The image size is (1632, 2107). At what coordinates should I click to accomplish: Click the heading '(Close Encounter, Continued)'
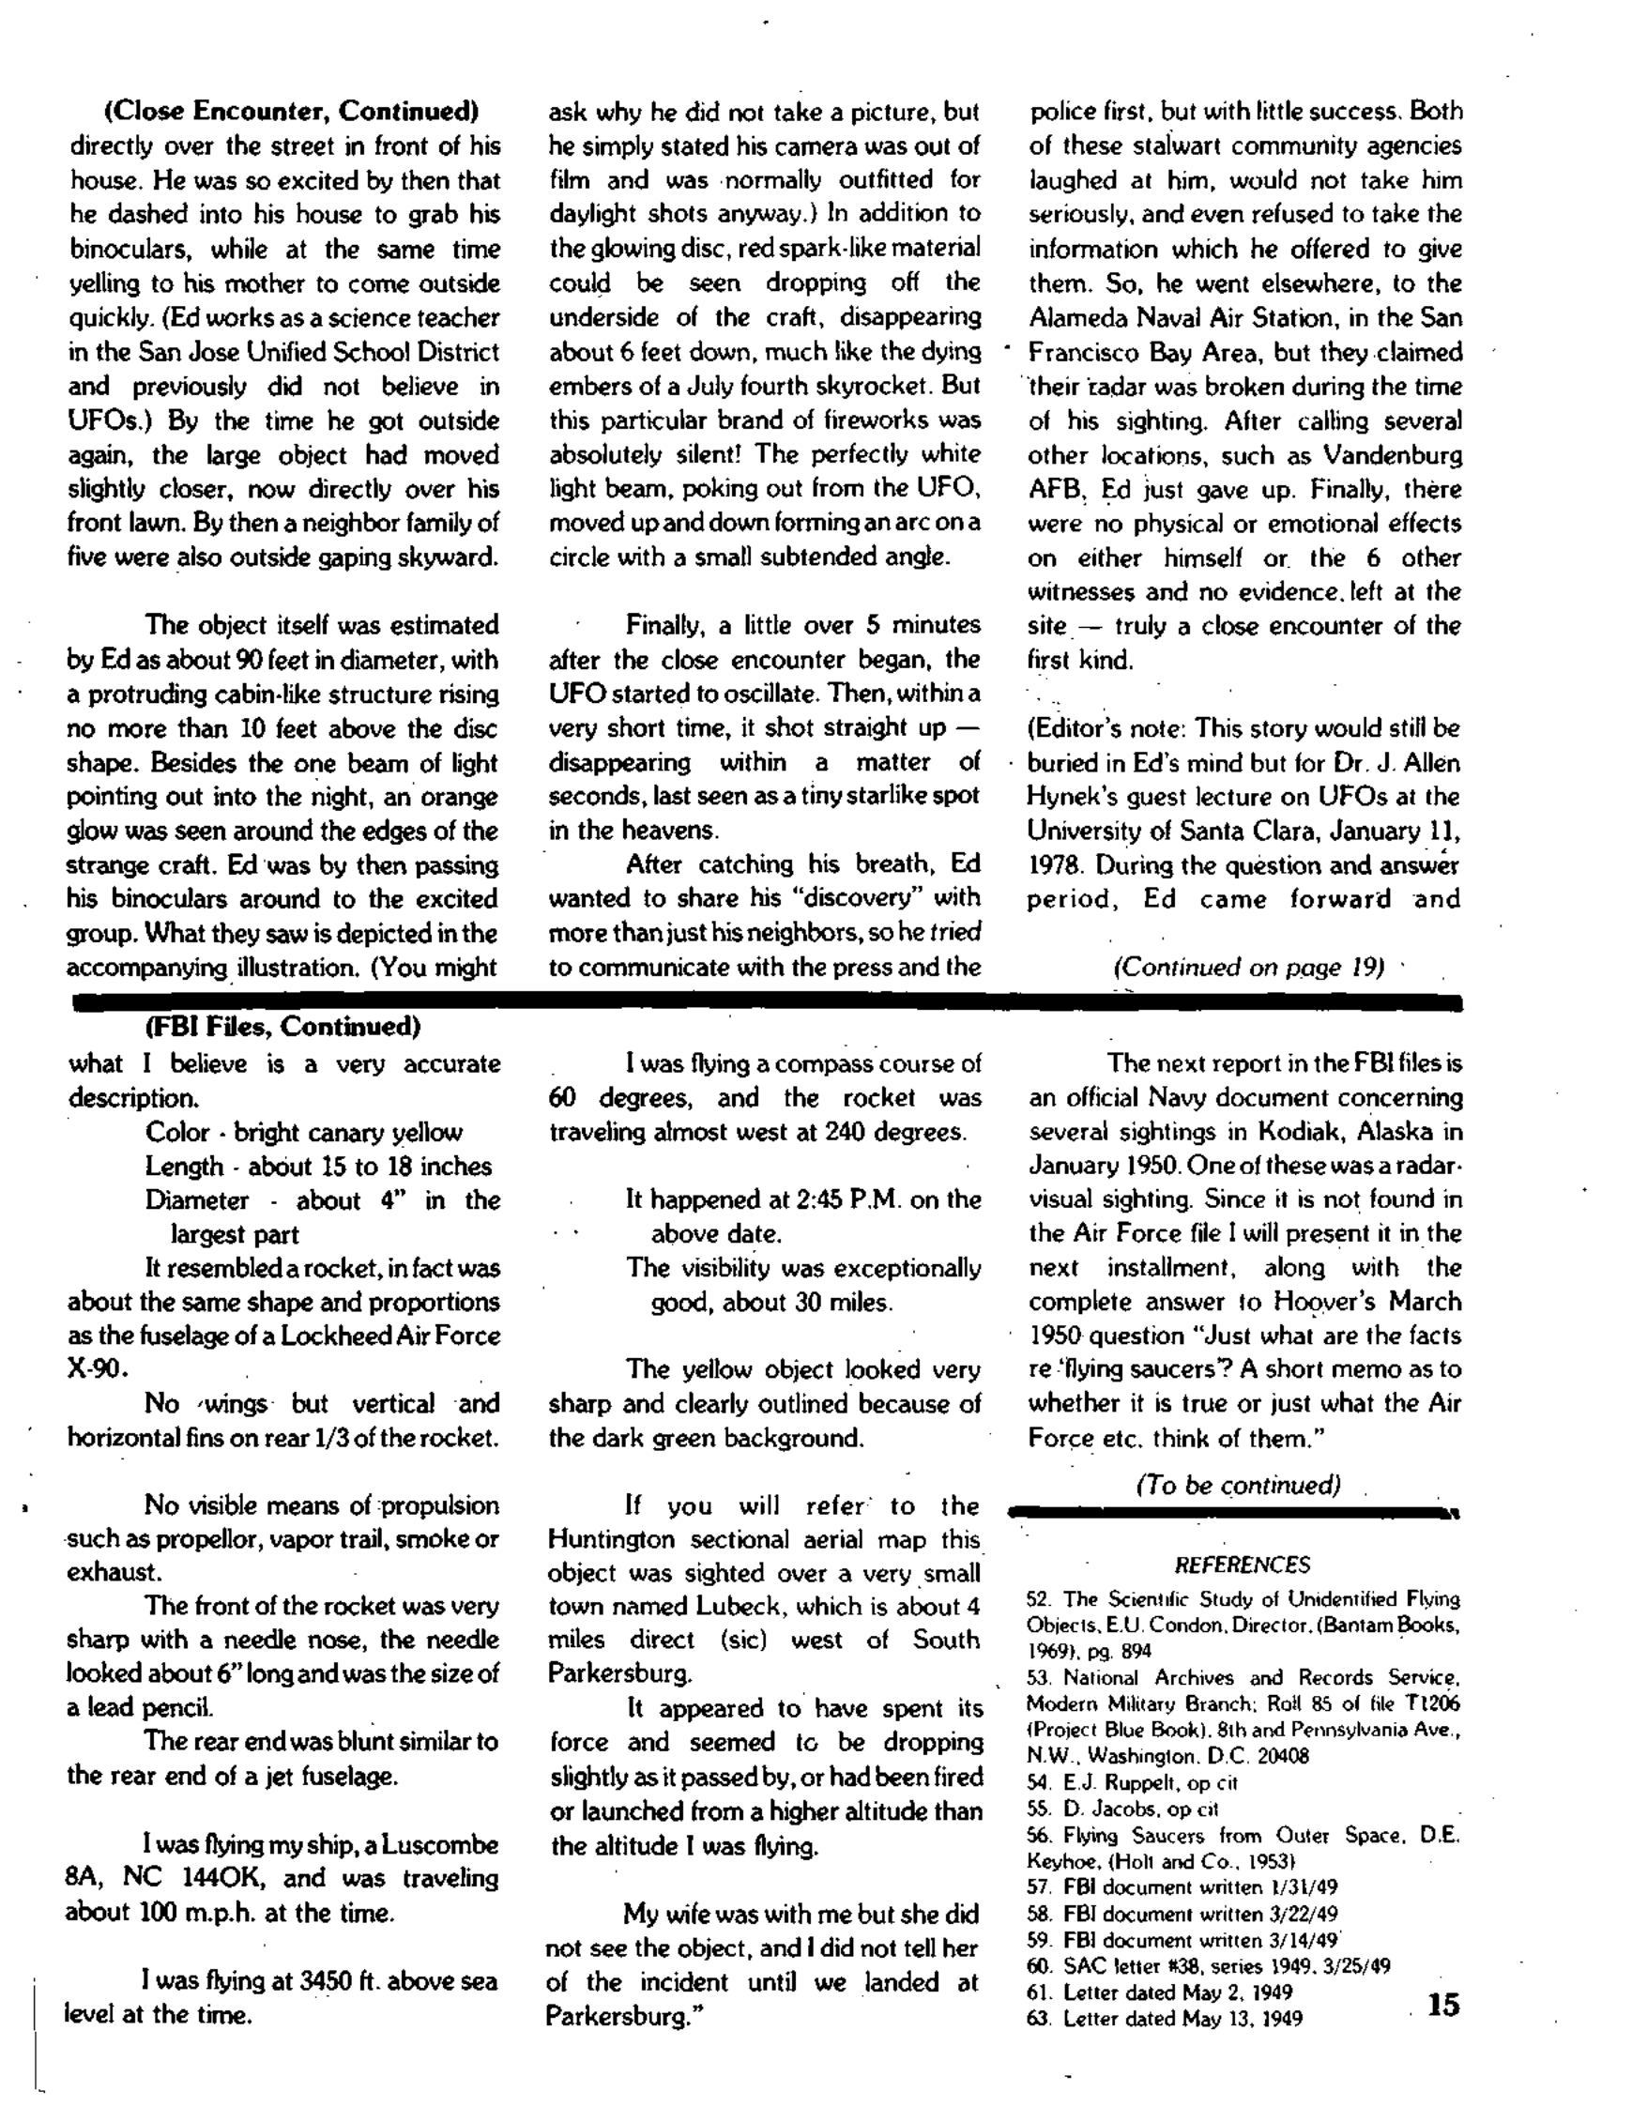[291, 112]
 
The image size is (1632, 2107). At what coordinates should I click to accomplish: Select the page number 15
[1443, 2006]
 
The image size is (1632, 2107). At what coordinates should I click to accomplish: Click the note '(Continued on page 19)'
[1249, 968]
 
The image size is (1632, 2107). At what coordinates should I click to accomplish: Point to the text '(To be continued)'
[1239, 1485]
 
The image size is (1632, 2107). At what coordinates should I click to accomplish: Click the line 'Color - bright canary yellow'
[304, 1133]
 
